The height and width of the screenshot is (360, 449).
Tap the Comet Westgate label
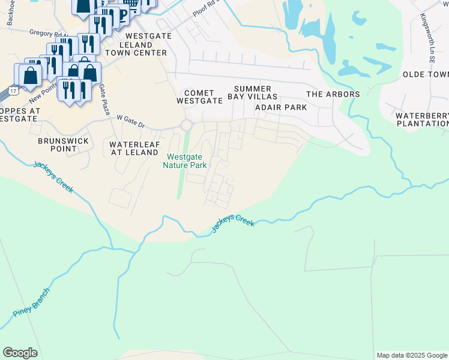199,97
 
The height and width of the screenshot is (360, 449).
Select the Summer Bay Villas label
252,92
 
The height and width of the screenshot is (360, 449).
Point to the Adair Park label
281,107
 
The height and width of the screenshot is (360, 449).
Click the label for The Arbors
333,94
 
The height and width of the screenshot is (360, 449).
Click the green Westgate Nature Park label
186,161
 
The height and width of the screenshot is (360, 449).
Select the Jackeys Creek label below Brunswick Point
53,177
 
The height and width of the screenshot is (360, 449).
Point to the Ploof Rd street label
206,8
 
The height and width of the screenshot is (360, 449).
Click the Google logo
20,353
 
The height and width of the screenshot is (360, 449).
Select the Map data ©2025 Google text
412,355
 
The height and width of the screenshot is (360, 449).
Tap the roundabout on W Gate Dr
187,125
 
